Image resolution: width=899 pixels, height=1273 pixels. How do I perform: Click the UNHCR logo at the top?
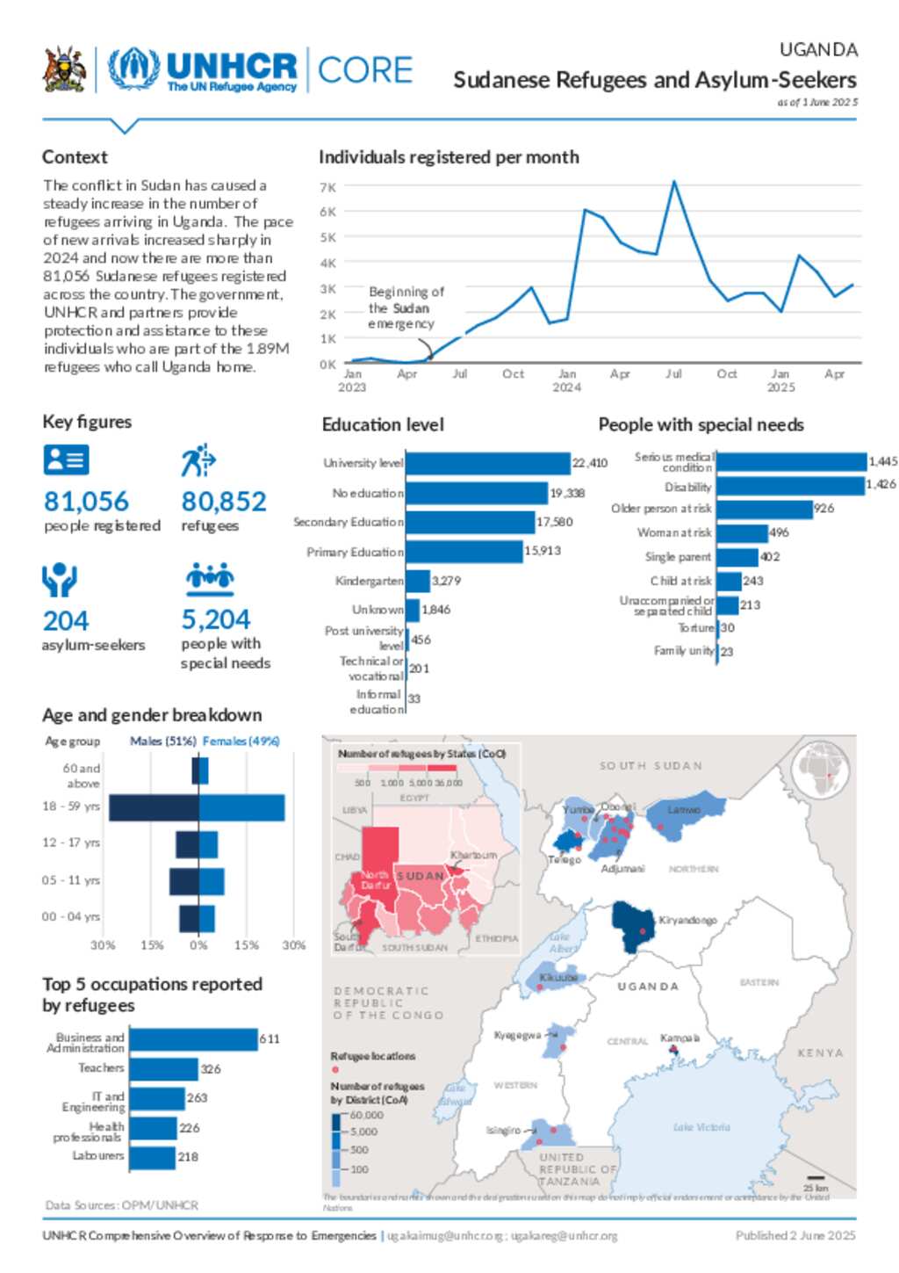[x=203, y=69]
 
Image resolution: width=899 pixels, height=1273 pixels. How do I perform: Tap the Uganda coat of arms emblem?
[x=65, y=69]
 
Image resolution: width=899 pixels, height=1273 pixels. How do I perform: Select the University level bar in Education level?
[x=488, y=463]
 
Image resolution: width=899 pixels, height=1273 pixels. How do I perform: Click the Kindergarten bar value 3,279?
[x=446, y=581]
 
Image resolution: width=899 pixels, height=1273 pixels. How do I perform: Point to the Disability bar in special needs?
[x=791, y=486]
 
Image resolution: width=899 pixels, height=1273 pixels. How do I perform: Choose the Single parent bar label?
[x=678, y=557]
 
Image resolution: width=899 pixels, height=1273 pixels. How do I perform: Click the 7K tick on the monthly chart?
[x=327, y=187]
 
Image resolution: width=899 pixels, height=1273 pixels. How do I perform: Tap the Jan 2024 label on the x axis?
[x=567, y=380]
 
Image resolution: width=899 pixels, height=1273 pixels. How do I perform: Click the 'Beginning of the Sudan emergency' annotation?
[x=405, y=307]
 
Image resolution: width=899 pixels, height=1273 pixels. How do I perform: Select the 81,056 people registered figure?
[x=86, y=502]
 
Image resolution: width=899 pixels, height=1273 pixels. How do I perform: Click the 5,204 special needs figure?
[x=216, y=619]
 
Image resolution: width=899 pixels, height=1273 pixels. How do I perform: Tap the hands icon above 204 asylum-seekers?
[x=60, y=580]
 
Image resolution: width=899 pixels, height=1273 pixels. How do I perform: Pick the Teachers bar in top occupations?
[x=164, y=1069]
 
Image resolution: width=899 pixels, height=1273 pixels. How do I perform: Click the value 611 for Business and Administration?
[x=270, y=1039]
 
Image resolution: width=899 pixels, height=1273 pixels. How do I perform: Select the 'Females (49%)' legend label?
[x=241, y=741]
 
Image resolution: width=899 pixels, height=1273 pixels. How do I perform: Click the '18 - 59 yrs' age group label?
[x=71, y=806]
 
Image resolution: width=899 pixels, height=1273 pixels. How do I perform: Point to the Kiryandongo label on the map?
[x=687, y=921]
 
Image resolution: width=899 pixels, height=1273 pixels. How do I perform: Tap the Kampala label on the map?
[x=680, y=1038]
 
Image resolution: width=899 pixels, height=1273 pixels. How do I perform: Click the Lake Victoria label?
[x=701, y=1127]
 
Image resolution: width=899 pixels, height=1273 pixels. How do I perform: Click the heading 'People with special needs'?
[x=701, y=425]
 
